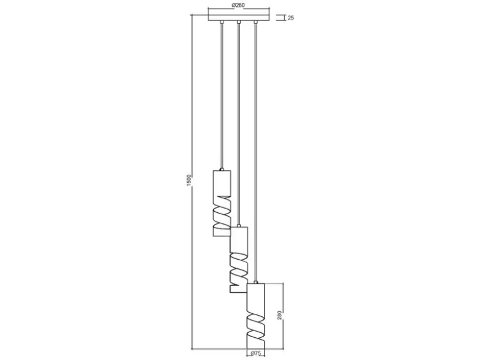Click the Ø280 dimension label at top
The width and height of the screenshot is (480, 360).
pyautogui.click(x=239, y=5)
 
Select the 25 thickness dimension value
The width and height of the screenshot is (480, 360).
pyautogui.click(x=291, y=18)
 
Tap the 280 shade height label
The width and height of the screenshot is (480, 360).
pyautogui.click(x=279, y=316)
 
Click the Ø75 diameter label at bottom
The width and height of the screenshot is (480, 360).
pyautogui.click(x=255, y=354)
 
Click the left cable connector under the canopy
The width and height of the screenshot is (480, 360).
pyautogui.click(x=222, y=22)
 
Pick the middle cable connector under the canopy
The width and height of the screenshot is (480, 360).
pyautogui.click(x=239, y=22)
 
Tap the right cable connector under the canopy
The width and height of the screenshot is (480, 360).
pyautogui.click(x=255, y=22)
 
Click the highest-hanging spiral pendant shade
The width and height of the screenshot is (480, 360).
pyautogui.click(x=222, y=203)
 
